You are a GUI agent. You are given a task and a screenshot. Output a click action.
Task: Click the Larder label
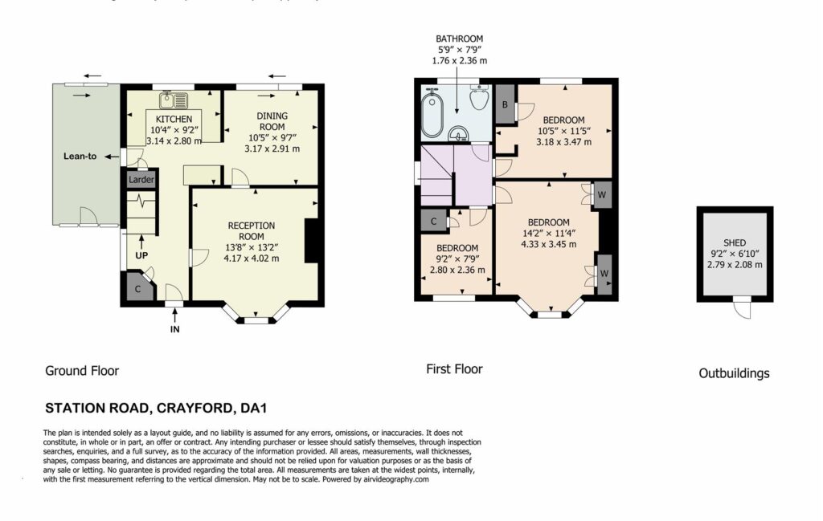point(141,179)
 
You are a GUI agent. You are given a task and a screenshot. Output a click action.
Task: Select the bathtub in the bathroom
point(433,114)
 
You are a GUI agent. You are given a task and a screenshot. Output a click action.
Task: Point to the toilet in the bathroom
point(480,97)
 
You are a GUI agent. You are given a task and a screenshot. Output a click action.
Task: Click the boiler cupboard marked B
point(505,104)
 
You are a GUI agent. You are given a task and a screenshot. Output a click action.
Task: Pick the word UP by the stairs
point(141,255)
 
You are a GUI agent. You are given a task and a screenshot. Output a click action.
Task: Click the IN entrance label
point(174,329)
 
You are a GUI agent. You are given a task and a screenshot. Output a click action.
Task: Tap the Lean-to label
point(80,157)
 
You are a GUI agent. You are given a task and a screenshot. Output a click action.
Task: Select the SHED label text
point(735,242)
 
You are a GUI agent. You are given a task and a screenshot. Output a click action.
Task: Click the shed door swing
point(742,308)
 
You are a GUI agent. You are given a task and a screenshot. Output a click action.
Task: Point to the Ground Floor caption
point(82,371)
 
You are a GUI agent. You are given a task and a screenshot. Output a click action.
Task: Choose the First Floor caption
point(454,369)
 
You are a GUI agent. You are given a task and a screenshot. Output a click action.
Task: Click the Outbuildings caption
point(734,373)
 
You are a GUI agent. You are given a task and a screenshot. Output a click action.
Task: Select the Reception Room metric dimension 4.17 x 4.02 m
point(251,258)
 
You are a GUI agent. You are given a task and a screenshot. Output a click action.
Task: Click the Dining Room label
point(272,121)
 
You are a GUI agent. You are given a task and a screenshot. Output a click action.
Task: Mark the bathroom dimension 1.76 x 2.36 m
point(459,61)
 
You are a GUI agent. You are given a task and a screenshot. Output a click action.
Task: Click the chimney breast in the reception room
point(312,240)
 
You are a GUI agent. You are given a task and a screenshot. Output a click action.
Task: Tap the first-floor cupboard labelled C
point(433,222)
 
